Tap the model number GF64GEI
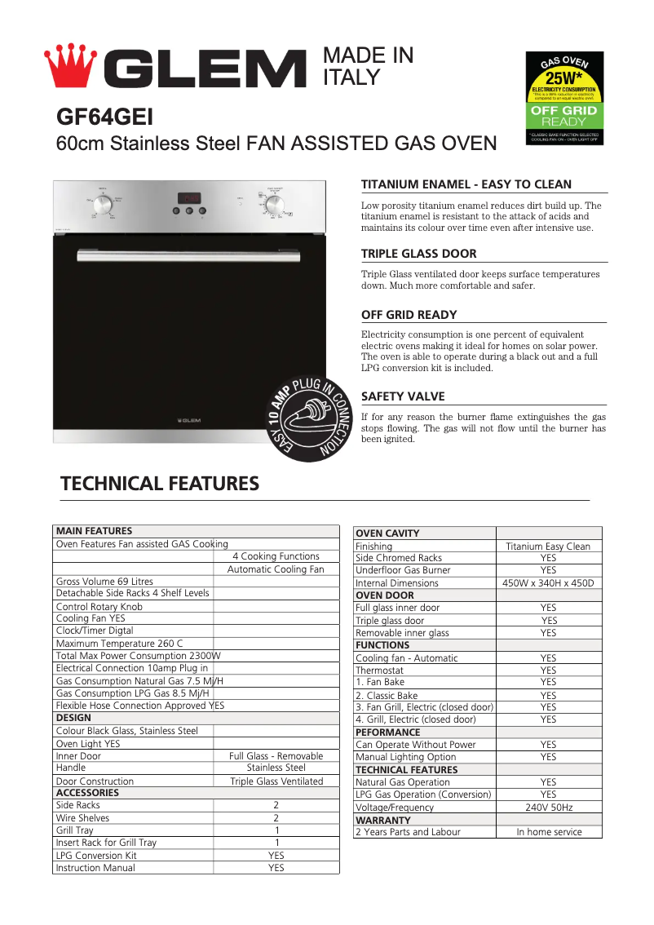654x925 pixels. [x=104, y=117]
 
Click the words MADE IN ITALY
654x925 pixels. [x=368, y=66]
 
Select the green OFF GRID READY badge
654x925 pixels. [x=564, y=115]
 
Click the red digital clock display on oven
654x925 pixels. [x=190, y=198]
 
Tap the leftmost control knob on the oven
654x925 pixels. [x=103, y=206]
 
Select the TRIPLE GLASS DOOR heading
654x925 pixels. [x=418, y=254]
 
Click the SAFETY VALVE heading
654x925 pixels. [x=403, y=396]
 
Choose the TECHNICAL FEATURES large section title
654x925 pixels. [x=160, y=484]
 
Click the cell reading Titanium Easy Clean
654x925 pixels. [x=548, y=547]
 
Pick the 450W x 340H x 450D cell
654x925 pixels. [x=548, y=583]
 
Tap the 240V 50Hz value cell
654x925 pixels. [x=548, y=808]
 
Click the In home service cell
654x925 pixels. [x=549, y=832]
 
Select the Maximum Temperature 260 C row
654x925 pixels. [x=119, y=644]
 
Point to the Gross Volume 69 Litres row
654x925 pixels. [x=104, y=582]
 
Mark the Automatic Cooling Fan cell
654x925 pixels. [x=276, y=569]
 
